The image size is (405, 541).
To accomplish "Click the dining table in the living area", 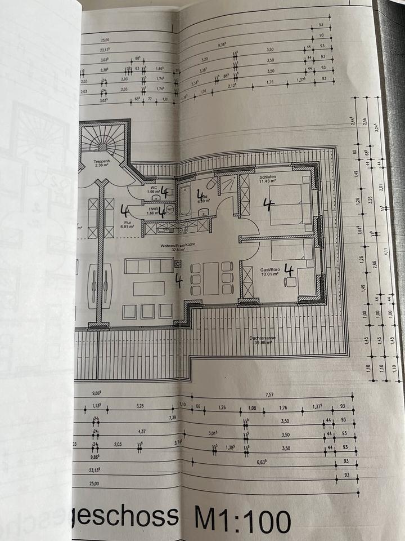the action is pos(211,278).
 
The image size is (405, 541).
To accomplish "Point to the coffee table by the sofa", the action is pos(149,289).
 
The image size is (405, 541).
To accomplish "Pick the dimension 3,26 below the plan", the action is pos(140,405).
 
